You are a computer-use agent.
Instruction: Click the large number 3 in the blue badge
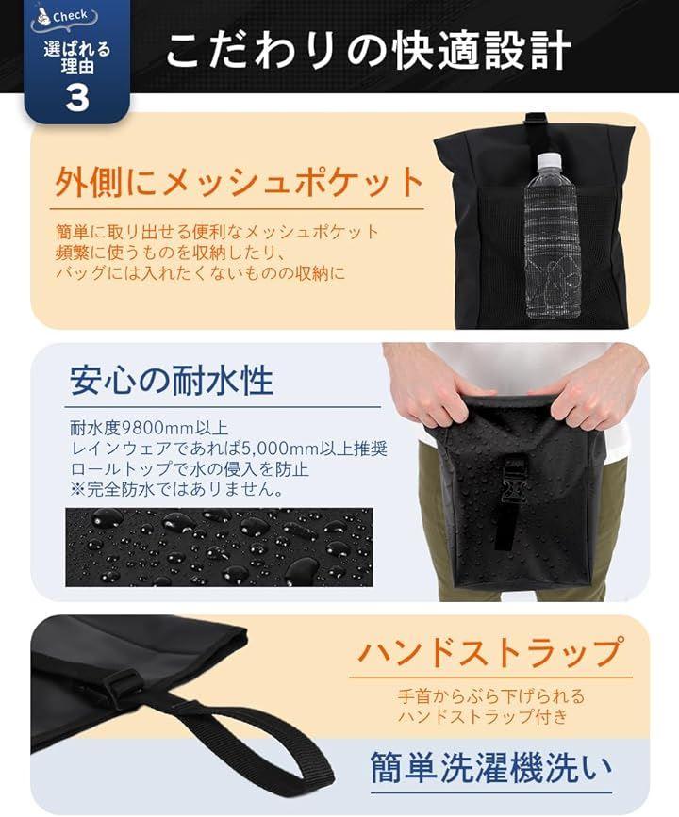[76, 97]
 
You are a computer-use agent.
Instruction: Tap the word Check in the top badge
[70, 16]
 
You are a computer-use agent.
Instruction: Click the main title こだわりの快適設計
[368, 51]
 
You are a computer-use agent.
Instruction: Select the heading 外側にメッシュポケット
[240, 183]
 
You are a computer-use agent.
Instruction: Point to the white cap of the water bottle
[548, 159]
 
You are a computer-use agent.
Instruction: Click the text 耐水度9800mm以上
[149, 428]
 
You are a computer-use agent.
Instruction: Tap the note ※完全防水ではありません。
[177, 489]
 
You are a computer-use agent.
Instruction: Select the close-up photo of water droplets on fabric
[219, 547]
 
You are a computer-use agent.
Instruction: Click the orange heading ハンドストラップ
[490, 651]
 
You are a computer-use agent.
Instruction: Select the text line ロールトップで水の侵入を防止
[190, 469]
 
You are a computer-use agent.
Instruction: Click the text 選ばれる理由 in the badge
[77, 57]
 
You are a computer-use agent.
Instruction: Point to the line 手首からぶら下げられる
[491, 696]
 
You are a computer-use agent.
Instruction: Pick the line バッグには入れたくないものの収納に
[200, 273]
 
